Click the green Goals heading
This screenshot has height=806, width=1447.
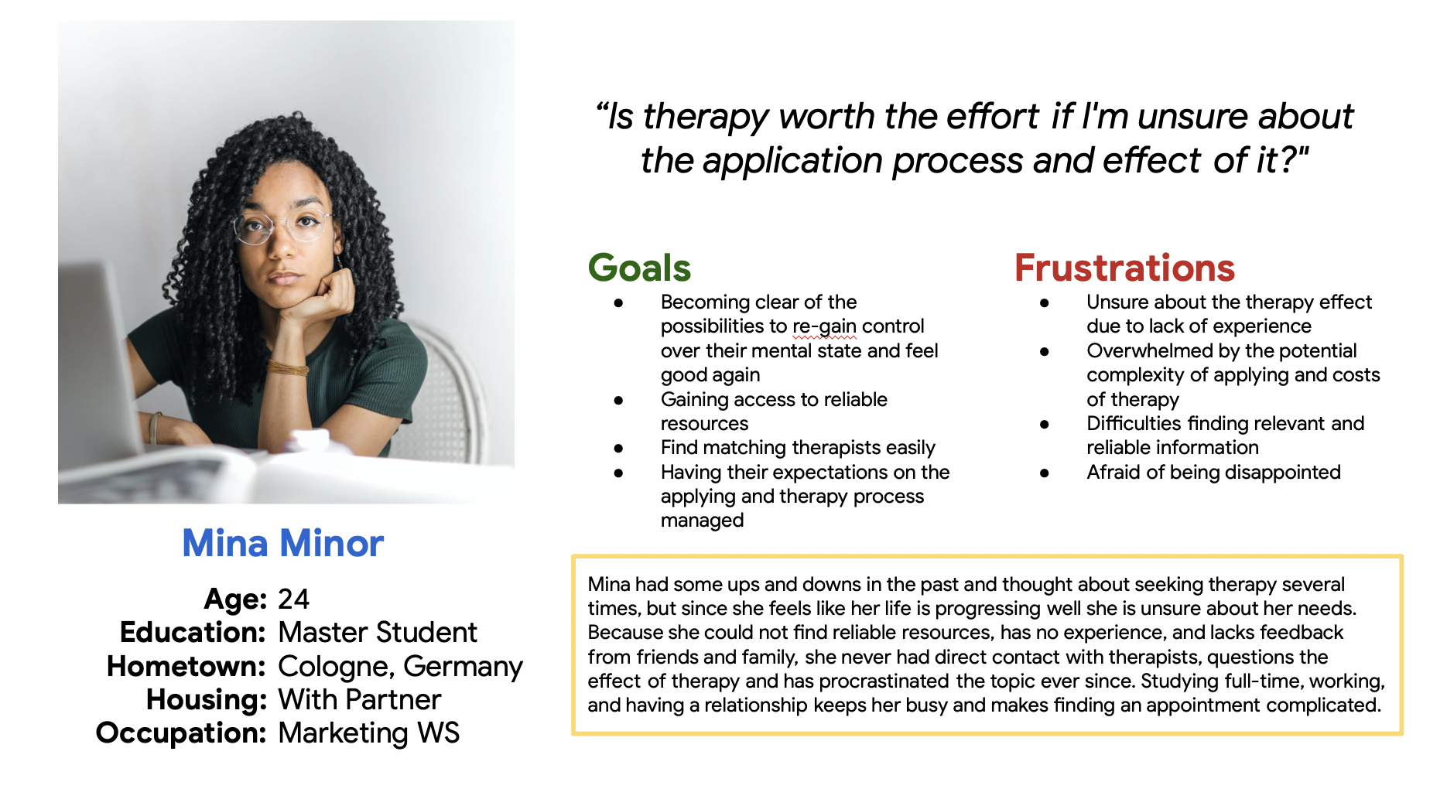tap(639, 268)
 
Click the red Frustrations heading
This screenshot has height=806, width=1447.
tap(1124, 268)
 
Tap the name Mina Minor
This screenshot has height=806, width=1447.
tap(282, 543)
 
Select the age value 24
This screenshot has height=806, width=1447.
tap(293, 599)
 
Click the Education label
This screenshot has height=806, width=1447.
tap(193, 632)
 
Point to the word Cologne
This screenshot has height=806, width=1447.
tap(333, 667)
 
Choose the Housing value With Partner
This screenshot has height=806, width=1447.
tap(359, 699)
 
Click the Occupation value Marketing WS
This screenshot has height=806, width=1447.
tap(368, 733)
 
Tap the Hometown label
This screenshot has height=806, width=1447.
tap(186, 666)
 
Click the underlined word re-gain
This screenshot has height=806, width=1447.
tap(824, 326)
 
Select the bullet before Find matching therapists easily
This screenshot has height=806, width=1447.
tap(618, 449)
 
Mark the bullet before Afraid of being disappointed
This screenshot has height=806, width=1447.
tap(1045, 473)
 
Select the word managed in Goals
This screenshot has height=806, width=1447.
tap(702, 521)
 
